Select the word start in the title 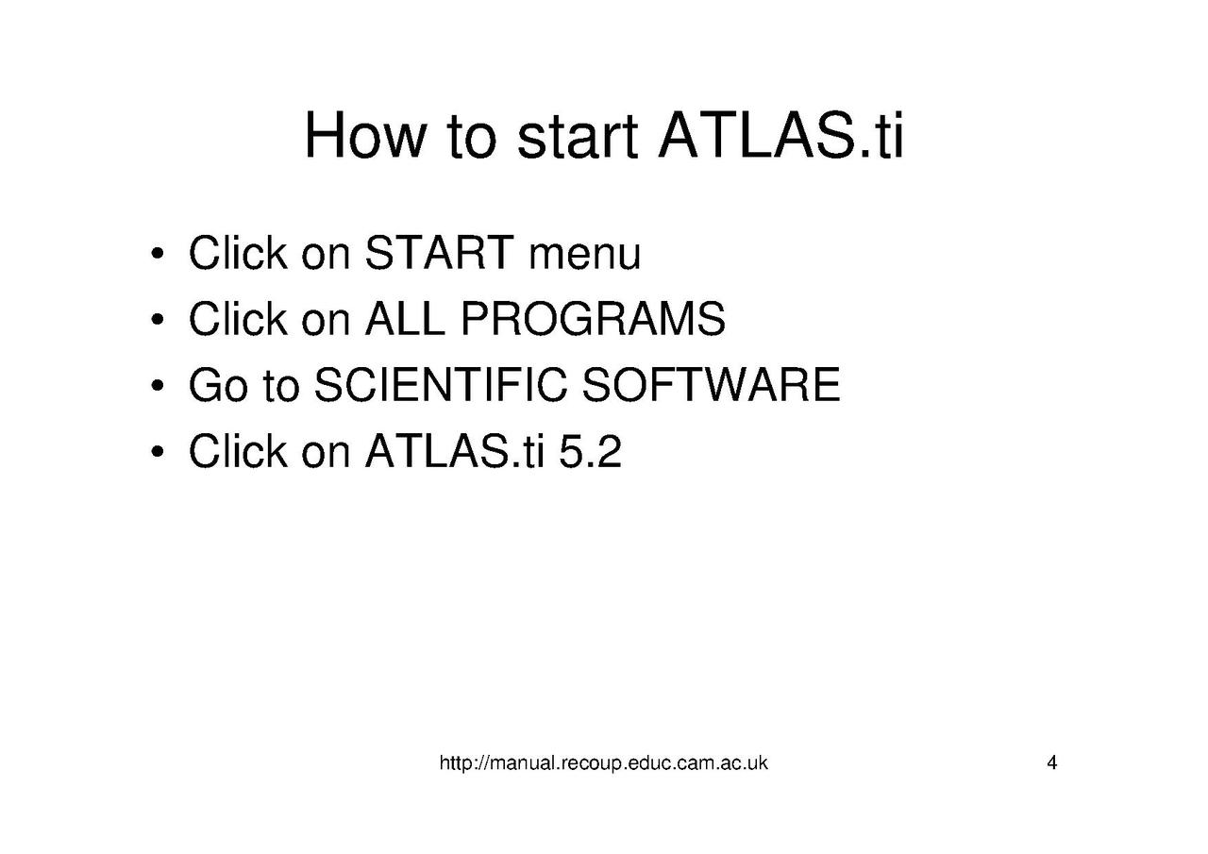(x=578, y=136)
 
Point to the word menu (x=585, y=257)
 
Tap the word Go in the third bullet (x=218, y=384)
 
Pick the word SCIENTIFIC (x=441, y=384)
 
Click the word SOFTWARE (x=712, y=384)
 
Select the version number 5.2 (x=590, y=451)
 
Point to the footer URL (x=603, y=762)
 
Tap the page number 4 (x=1051, y=762)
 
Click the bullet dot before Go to (x=158, y=386)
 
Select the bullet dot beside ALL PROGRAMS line (x=158, y=320)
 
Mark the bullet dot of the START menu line (x=158, y=254)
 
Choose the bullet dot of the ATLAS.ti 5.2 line (x=158, y=452)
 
